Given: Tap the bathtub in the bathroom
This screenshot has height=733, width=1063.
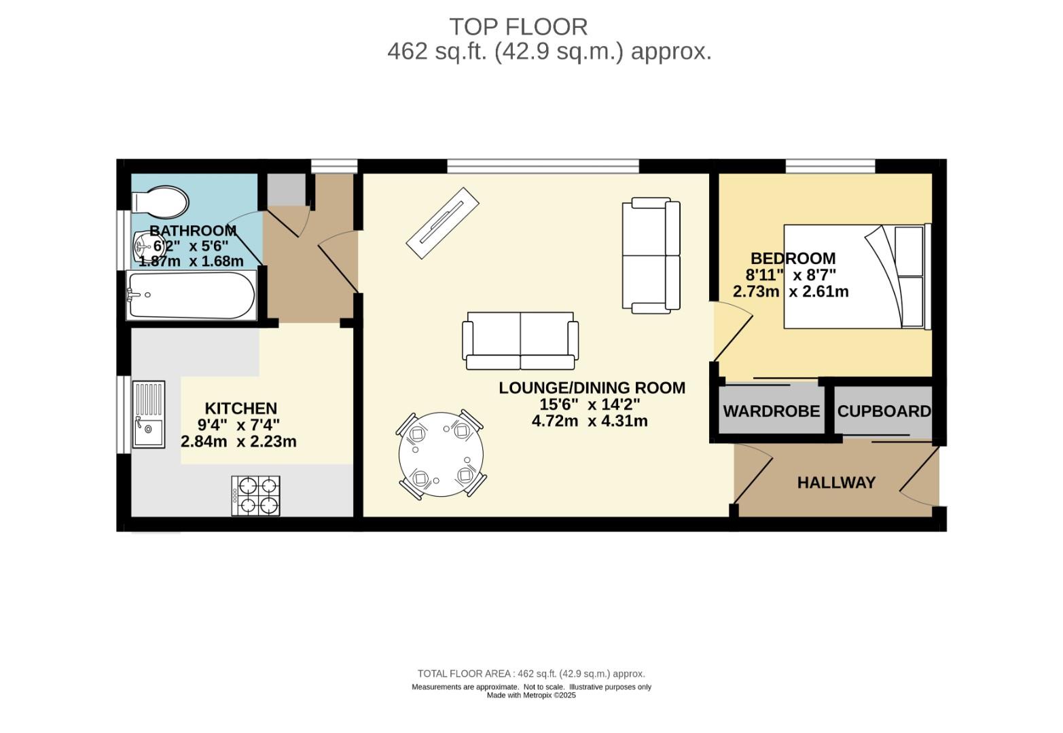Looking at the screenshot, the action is [x=192, y=295].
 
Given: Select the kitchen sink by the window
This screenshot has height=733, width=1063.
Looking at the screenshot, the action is [x=149, y=415].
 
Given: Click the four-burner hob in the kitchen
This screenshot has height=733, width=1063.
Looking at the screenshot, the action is [x=256, y=496].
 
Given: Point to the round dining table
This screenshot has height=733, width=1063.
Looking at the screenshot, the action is [x=442, y=454].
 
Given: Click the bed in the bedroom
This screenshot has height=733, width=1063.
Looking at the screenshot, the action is [x=857, y=276].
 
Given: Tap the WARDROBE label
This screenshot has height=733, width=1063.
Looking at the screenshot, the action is [x=772, y=411].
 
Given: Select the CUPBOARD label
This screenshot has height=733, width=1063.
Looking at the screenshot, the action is [x=884, y=411].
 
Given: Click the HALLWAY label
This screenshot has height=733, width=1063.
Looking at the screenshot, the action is [x=836, y=483].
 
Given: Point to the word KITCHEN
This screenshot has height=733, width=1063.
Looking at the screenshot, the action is [x=241, y=408].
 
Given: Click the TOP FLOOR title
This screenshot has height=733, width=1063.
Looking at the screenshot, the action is [x=518, y=27].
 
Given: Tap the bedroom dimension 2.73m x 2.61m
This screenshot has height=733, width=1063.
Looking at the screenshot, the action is [x=791, y=291].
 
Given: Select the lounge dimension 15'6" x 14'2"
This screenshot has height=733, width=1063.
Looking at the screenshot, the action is [x=590, y=405].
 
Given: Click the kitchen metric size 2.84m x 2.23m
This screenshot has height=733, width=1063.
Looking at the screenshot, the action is [x=238, y=441].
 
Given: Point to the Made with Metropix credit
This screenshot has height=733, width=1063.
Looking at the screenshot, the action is [x=531, y=696].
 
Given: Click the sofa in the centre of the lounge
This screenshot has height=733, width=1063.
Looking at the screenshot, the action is [x=520, y=341].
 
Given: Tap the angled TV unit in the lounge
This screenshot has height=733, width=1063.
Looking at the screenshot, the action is [x=442, y=223].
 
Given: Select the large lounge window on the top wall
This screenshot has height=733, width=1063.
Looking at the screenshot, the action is [x=543, y=166].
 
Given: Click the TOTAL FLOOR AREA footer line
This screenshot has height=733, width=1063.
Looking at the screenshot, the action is [x=531, y=674].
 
